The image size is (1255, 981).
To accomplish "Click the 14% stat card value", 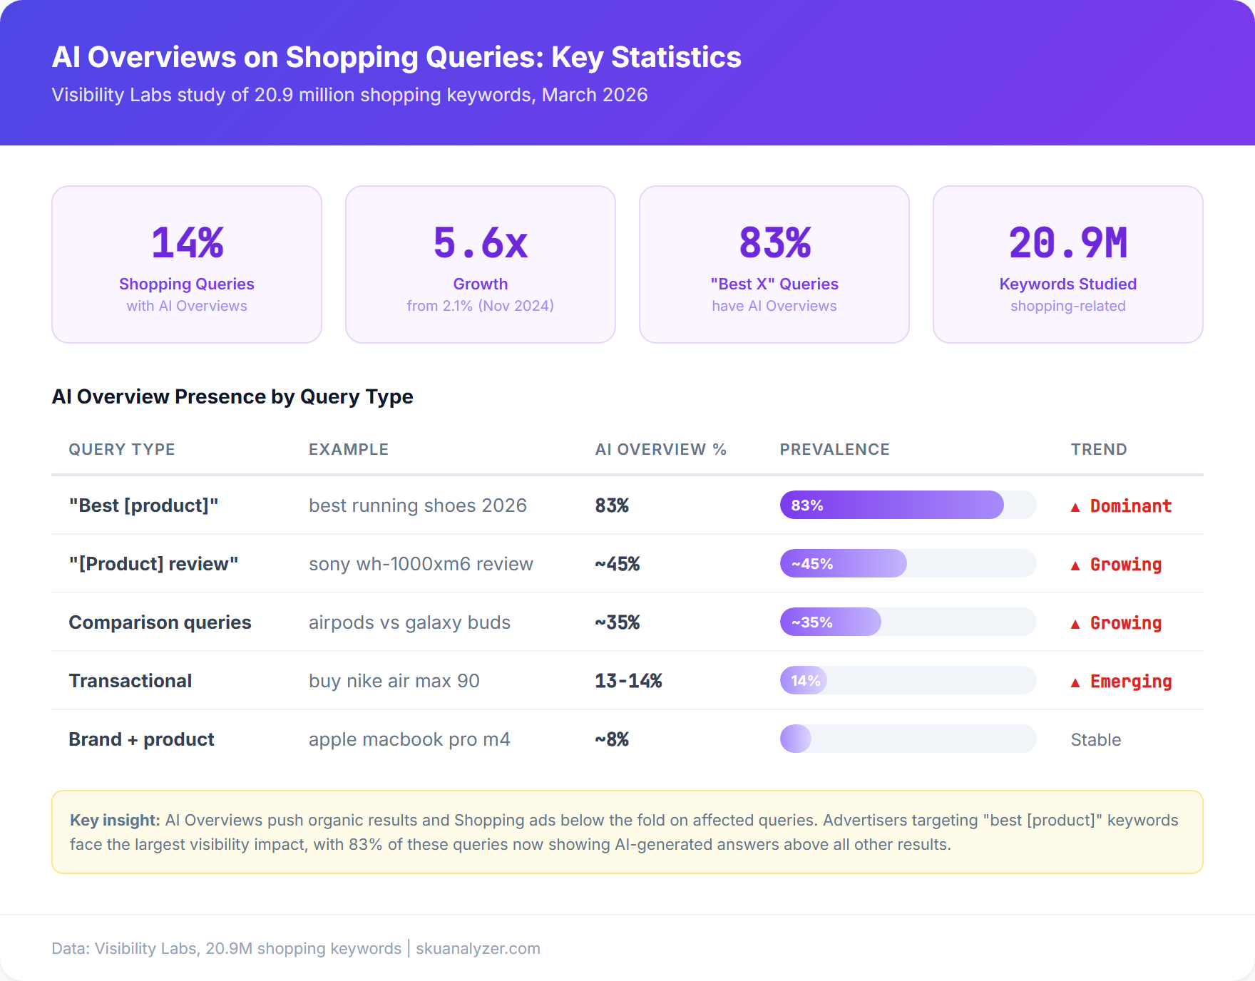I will [187, 243].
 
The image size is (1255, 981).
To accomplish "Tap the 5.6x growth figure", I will [480, 243].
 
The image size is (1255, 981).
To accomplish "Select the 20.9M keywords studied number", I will [1067, 243].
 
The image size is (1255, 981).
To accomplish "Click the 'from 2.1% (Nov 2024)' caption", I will [480, 306].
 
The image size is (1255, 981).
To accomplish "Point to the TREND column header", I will [1098, 449].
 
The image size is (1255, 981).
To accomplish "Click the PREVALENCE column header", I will [834, 449].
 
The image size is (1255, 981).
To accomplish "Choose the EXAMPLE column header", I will [348, 449].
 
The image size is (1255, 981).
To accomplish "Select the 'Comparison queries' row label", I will [160, 622].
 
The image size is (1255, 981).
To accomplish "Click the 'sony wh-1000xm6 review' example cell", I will [421, 564].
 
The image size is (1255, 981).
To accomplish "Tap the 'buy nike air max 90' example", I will [394, 681].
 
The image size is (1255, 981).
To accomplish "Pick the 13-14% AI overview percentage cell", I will [628, 681].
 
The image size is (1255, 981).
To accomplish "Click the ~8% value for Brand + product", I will [612, 739].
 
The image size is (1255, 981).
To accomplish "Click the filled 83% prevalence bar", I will [891, 505].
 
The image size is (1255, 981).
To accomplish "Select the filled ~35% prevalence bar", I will [830, 622].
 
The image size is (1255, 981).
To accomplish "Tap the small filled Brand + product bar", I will [796, 739].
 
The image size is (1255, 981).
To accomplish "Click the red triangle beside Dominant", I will [1075, 507].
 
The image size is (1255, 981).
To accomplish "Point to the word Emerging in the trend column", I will [1130, 681].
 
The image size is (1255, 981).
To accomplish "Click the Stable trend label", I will [1095, 739].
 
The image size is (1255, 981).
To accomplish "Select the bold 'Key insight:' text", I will [114, 820].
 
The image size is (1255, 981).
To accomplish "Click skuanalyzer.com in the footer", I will [478, 948].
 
